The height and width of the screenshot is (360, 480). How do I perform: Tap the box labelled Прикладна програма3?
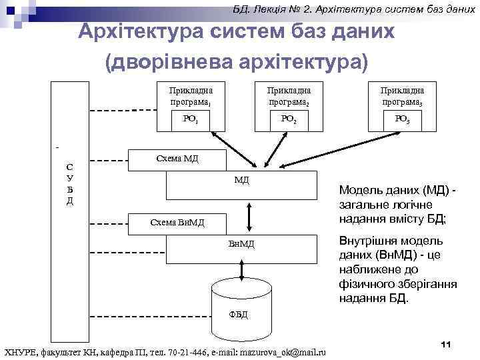[402, 96]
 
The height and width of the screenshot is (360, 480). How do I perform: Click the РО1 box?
[190, 120]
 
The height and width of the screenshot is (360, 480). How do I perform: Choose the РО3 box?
[402, 120]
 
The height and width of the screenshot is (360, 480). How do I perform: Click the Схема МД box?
[177, 159]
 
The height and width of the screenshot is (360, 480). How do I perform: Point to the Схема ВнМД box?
[177, 223]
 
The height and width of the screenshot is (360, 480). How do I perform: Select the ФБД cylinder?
[238, 300]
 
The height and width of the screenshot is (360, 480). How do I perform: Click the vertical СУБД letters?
[70, 184]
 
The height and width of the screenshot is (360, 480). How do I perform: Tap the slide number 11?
[447, 343]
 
